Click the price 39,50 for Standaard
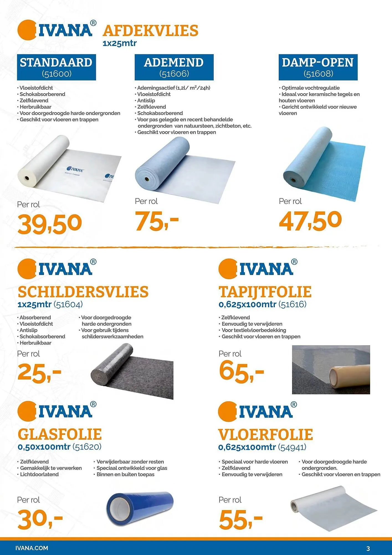50,224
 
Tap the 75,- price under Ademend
157,221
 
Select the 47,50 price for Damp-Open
310,221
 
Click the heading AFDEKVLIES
150,31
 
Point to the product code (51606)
174,74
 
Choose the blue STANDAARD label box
56,67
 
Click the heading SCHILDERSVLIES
83,292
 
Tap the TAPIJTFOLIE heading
265,292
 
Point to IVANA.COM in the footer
32,548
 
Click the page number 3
368,548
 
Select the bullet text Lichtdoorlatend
39,474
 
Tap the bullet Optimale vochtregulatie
310,88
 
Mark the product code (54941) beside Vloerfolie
292,447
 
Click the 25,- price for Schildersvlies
39,373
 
